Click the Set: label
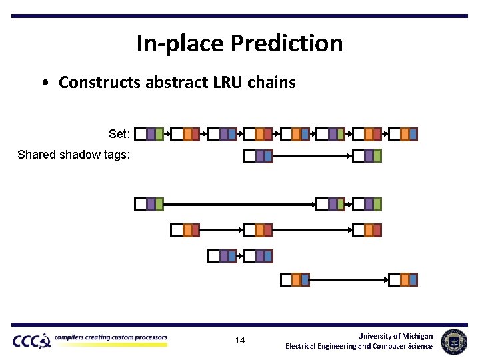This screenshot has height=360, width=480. [x=119, y=134]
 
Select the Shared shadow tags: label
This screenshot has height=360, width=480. [x=74, y=155]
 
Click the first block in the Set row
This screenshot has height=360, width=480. [x=149, y=134]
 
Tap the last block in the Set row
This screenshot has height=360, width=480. [x=403, y=134]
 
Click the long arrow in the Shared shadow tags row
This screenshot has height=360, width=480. [x=312, y=156]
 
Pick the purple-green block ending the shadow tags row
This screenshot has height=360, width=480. [x=367, y=156]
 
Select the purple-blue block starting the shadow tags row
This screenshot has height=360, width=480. [x=259, y=156]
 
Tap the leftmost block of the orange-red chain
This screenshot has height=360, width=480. [x=185, y=230]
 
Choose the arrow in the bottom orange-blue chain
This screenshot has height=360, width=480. [x=349, y=279]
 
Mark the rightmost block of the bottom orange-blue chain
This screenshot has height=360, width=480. [x=403, y=279]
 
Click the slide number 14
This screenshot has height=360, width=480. [x=240, y=341]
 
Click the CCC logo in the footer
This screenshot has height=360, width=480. [x=31, y=341]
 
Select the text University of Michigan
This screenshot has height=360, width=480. [x=395, y=335]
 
